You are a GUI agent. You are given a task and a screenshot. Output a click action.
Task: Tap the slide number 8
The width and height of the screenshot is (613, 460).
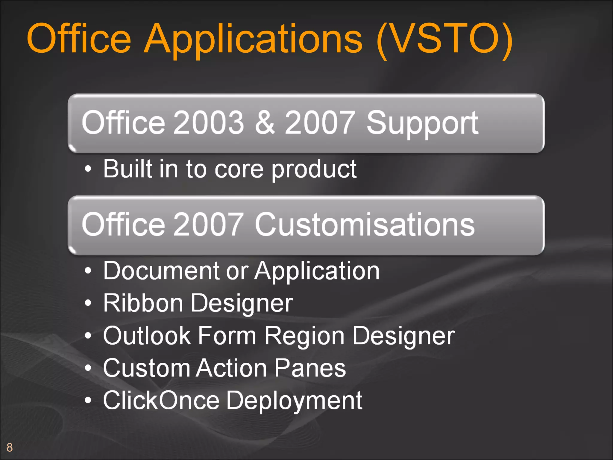(x=10, y=447)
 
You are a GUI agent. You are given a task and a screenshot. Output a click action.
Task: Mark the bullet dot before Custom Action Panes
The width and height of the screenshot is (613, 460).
(x=88, y=368)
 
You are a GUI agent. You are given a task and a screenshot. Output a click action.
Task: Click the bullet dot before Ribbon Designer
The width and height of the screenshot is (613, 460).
(x=88, y=303)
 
